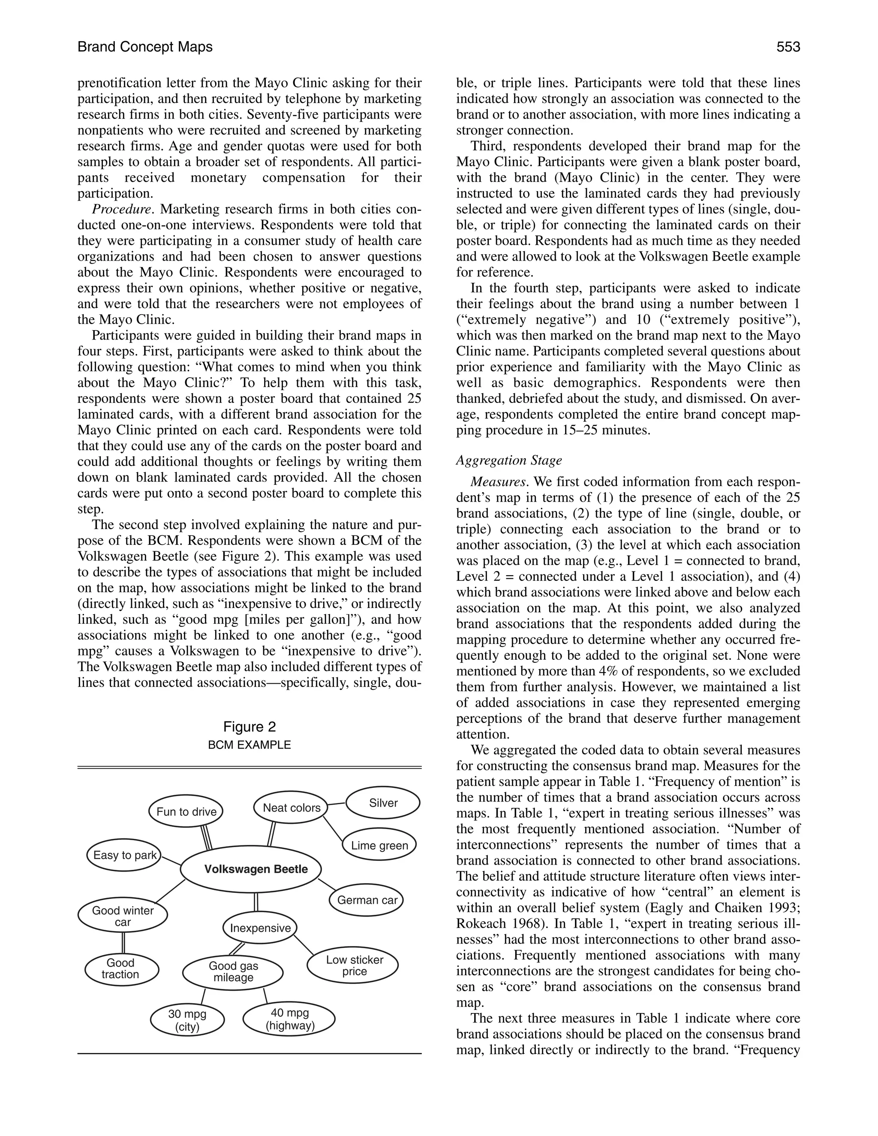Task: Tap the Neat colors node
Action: tap(291, 808)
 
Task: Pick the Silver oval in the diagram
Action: tap(383, 802)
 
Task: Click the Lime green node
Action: tap(379, 845)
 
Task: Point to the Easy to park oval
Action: tap(124, 855)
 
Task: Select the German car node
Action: tap(367, 900)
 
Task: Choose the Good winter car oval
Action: tap(123, 916)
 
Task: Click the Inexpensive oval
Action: tap(260, 928)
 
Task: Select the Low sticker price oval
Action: tap(354, 965)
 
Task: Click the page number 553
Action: tap(788, 47)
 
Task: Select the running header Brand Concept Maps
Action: tap(145, 47)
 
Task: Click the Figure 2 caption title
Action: tap(249, 727)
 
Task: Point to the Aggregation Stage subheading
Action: tap(509, 460)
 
